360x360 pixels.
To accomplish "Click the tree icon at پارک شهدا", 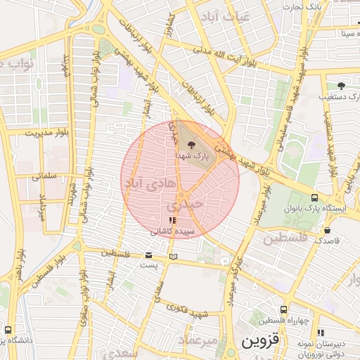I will pos(193,141).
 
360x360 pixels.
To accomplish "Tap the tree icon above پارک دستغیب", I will pos(341,85).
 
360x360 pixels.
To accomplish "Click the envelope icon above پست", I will pos(148,255).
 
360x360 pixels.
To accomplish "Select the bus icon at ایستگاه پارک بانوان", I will pos(314,198).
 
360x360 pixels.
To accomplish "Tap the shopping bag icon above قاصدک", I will pos(327,230).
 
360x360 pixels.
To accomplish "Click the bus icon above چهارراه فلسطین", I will pos(283,309).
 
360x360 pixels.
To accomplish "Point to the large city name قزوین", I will pos(260,342).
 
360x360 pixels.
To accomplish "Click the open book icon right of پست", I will pos(173,257).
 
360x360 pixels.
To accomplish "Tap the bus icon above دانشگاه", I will pos(8,329).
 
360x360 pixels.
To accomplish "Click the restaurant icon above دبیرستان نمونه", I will pos(321,333).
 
